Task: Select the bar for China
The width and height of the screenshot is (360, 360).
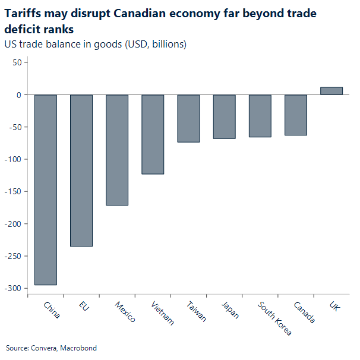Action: [46, 190]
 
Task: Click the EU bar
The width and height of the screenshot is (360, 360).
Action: [81, 170]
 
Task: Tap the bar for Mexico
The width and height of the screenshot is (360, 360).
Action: [117, 150]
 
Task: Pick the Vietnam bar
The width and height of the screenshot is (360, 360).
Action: [153, 134]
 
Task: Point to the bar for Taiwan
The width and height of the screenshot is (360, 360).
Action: [188, 118]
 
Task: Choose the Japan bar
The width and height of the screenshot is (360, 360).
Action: [224, 116]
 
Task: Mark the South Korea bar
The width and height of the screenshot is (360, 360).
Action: [260, 116]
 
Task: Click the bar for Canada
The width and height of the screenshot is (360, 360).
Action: [296, 115]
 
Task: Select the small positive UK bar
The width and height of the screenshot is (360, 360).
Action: [331, 91]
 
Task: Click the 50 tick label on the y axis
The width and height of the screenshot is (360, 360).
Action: [17, 62]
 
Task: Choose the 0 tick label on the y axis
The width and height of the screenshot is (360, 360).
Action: [19, 95]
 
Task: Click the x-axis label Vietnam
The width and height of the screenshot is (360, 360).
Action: [163, 313]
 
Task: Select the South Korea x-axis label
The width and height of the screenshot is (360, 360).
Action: [274, 318]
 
